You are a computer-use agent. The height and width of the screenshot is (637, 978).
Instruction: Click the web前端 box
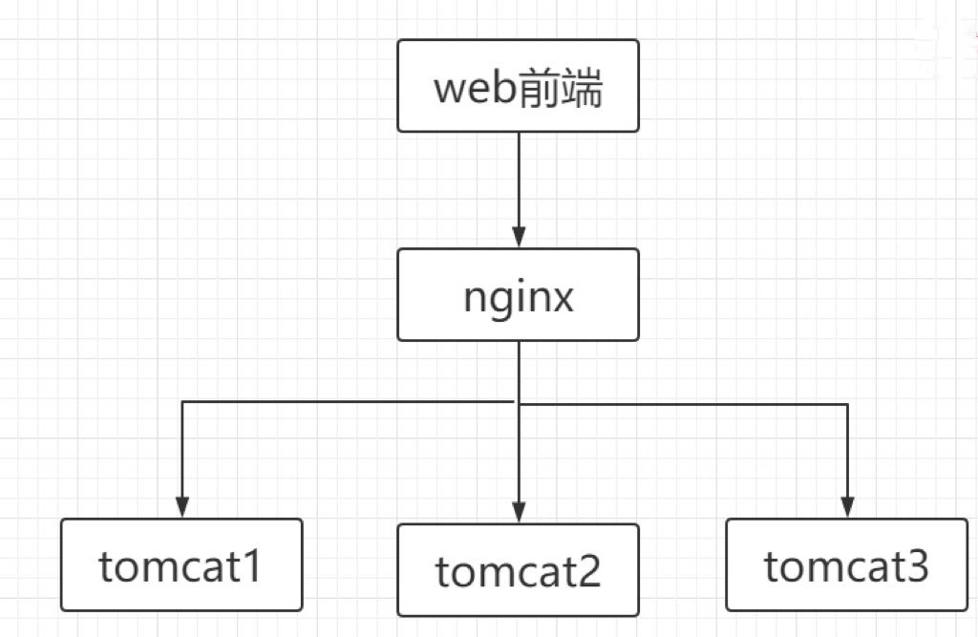point(518,86)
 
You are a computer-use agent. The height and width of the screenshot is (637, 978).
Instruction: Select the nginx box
point(518,294)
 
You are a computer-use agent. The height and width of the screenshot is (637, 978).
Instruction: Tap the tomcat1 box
point(181,564)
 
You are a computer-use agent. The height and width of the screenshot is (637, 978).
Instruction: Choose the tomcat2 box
point(518,569)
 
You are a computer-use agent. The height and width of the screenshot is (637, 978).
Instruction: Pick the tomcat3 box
point(846,564)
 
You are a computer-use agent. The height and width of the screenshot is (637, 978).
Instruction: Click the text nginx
point(518,297)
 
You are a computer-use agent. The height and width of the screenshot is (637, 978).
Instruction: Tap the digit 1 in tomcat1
point(250,567)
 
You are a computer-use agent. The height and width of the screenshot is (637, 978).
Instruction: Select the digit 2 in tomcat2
point(587,572)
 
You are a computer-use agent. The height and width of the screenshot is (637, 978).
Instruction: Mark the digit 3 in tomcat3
point(915,567)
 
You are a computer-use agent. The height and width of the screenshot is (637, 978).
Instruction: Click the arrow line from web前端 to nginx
point(519,181)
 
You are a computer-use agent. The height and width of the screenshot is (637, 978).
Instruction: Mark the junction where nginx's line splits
point(519,403)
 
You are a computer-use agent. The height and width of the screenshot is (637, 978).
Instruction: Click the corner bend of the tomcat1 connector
point(182,402)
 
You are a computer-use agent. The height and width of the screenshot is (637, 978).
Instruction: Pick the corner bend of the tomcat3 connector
point(847,405)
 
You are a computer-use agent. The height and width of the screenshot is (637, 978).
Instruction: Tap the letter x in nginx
point(562,299)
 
